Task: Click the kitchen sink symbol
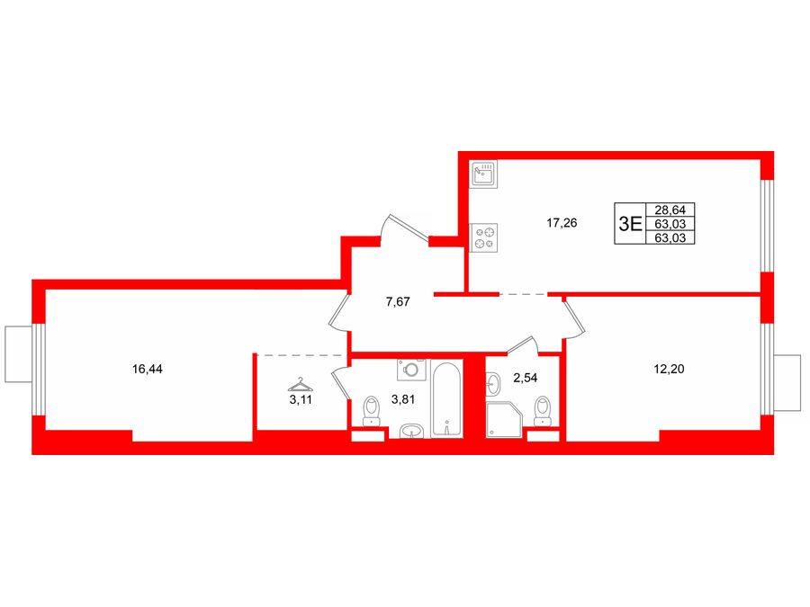pos(484,174)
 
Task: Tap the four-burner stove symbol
pos(484,238)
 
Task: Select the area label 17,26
pos(562,223)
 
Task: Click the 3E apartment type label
pos(630,224)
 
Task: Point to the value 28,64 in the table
pos(670,210)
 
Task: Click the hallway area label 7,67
pos(398,302)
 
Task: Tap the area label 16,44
pos(148,369)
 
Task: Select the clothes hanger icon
pos(300,385)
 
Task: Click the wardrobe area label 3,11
pos(301,399)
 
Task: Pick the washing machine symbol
pos(411,370)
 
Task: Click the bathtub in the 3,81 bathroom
pos(446,399)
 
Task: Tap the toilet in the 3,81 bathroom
pos(372,411)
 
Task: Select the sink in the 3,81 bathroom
pos(411,431)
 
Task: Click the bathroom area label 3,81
pos(403,399)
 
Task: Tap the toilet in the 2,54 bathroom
pos(543,411)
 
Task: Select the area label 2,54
pos(526,378)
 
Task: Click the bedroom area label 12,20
pos(669,369)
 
